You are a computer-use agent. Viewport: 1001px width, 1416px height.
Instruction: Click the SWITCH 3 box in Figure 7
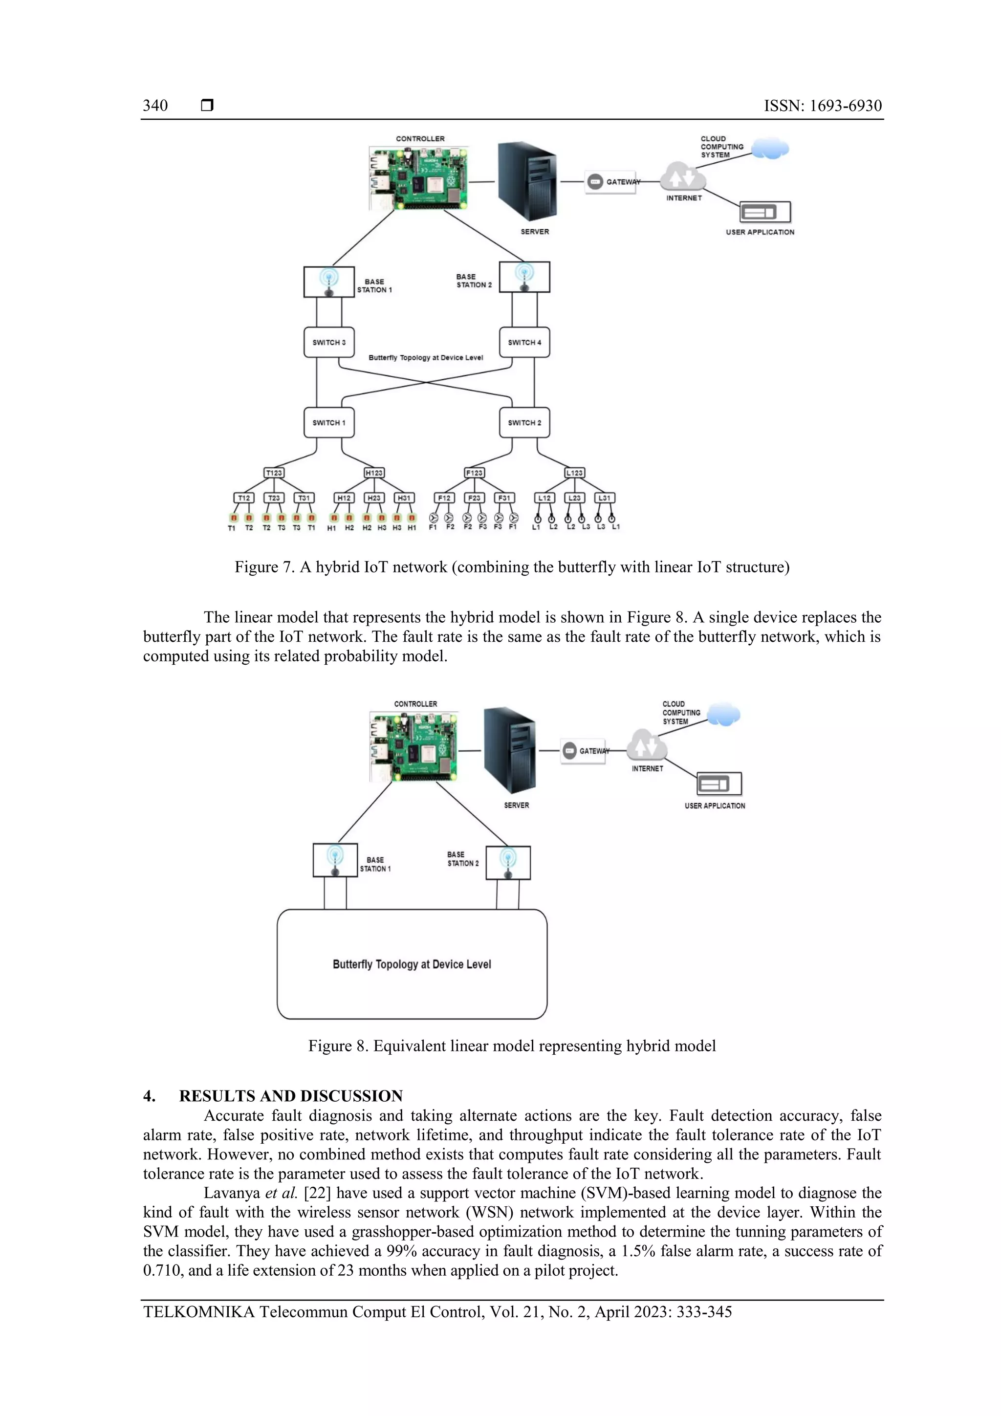click(x=329, y=342)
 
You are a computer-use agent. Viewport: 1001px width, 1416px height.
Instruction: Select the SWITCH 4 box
click(x=524, y=342)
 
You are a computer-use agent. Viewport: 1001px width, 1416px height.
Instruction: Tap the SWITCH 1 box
click(x=329, y=422)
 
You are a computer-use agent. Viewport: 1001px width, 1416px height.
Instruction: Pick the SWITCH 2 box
click(x=524, y=422)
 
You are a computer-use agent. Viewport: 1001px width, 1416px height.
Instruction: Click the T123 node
click(x=274, y=473)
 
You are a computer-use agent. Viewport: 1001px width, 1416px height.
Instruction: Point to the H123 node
click(x=374, y=473)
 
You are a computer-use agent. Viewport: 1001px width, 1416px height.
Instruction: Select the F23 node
click(x=474, y=498)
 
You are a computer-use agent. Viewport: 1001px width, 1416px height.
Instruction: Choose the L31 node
click(x=605, y=498)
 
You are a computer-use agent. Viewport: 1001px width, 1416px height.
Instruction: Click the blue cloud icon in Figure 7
click(x=770, y=149)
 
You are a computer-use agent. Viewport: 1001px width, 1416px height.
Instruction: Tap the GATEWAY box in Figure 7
click(x=610, y=182)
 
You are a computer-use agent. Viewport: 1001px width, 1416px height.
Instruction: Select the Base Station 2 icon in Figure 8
click(x=508, y=862)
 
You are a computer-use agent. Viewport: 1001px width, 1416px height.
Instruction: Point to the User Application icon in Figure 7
click(x=765, y=212)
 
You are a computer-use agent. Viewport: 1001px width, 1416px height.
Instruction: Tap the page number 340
click(x=155, y=106)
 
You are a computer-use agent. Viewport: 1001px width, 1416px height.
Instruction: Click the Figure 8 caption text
click(x=512, y=1046)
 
